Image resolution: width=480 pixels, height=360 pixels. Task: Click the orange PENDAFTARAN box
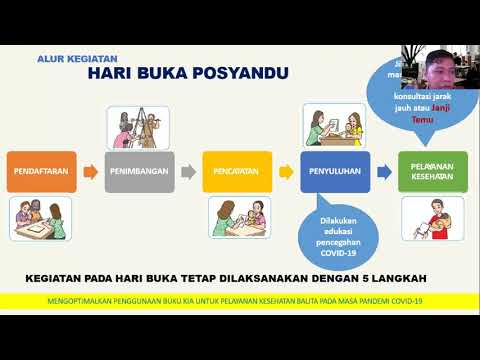pos(41,171)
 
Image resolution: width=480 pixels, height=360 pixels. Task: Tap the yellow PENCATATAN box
pos(236,171)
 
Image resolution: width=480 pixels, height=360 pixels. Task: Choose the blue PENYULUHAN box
pos(335,171)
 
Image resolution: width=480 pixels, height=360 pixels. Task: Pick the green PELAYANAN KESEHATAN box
pos(432,171)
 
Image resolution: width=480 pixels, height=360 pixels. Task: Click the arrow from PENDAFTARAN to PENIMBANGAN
pos(90,171)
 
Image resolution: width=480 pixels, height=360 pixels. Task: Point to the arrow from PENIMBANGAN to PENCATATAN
pos(189,171)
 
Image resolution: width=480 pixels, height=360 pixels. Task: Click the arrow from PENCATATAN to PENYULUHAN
pos(285,171)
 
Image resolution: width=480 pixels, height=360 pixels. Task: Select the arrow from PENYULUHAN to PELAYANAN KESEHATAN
pos(384,171)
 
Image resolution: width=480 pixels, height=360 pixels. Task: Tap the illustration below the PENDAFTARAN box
pos(41,217)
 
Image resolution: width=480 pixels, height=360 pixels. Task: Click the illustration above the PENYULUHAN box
pos(335,124)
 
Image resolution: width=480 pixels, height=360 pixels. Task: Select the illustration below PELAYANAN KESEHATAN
pos(432,217)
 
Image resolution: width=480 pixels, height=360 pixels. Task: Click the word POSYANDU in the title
pos(236,74)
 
